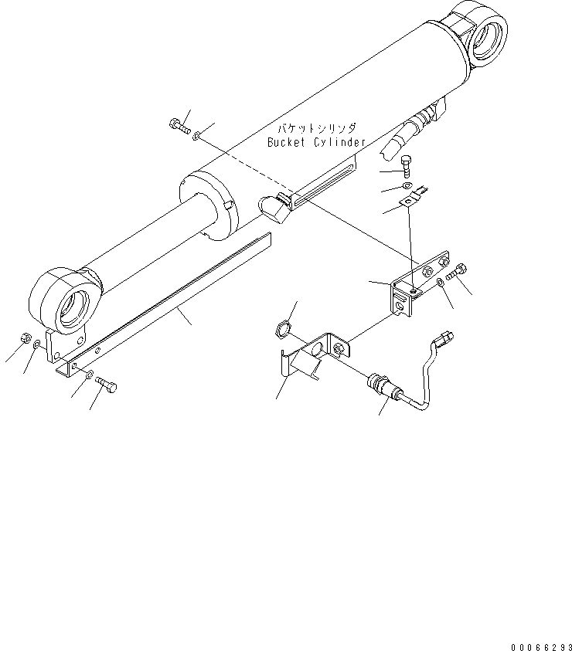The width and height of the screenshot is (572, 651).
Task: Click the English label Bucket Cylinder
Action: coord(316,143)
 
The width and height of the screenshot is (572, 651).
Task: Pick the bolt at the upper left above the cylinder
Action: coord(179,124)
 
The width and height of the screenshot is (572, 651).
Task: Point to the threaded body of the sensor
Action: coord(379,382)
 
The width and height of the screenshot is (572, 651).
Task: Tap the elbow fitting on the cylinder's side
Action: coord(272,207)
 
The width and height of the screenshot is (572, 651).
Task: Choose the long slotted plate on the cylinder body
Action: coord(324,186)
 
